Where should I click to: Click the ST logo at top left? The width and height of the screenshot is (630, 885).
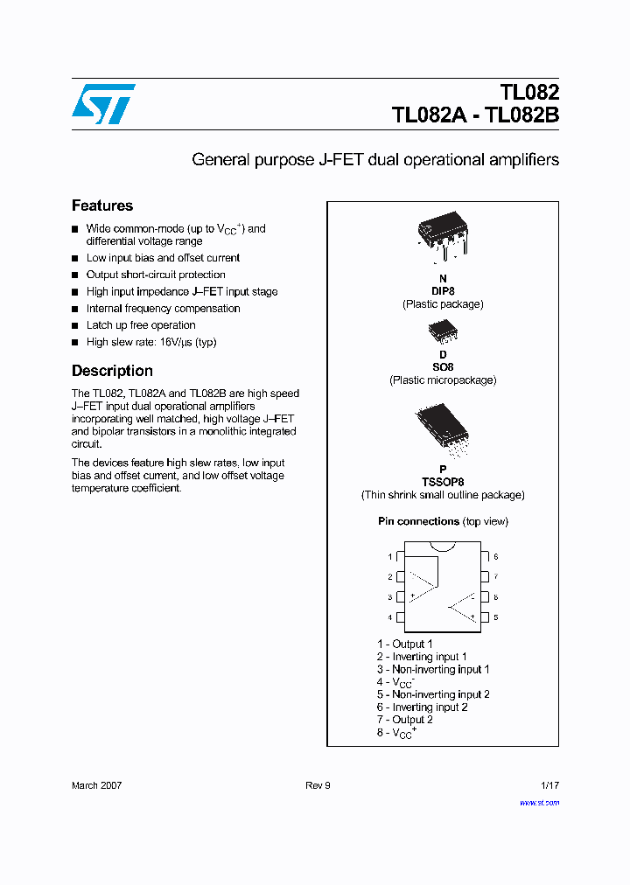[103, 104]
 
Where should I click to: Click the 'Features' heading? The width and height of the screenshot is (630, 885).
[102, 206]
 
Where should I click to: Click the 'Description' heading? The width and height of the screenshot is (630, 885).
[112, 371]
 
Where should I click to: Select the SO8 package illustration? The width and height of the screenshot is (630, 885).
[442, 331]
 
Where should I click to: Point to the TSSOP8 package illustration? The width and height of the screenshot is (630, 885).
[442, 431]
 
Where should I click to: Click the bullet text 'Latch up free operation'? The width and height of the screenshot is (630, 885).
[141, 325]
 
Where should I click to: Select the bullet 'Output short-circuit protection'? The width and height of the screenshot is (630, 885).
[156, 275]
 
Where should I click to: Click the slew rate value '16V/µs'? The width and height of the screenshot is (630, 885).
[175, 342]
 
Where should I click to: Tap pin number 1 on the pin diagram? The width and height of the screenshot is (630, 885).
[390, 557]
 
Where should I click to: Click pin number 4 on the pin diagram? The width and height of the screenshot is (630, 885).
[390, 618]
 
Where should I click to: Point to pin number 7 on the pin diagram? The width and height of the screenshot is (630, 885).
[495, 577]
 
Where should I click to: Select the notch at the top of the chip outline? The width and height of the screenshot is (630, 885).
[443, 547]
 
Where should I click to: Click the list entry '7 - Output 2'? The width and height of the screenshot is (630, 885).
[405, 720]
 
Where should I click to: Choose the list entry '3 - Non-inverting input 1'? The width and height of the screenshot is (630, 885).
[433, 669]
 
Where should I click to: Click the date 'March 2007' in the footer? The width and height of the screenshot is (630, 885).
[96, 785]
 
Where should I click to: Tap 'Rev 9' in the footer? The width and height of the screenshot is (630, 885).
[318, 785]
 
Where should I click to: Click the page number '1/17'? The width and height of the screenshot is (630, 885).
[549, 785]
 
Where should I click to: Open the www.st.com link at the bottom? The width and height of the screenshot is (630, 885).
[539, 802]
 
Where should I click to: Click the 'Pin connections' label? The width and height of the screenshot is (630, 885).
[418, 521]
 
